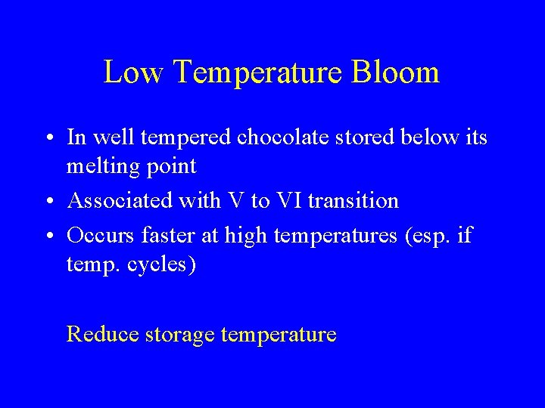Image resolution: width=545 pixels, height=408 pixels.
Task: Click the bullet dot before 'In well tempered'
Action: pyautogui.click(x=48, y=138)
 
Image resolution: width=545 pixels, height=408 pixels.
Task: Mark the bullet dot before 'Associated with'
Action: pyautogui.click(x=48, y=201)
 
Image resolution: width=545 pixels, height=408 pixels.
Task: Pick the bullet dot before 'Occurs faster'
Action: pyautogui.click(x=48, y=236)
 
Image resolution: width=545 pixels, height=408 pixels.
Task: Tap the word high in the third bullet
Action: pyautogui.click(x=247, y=236)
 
